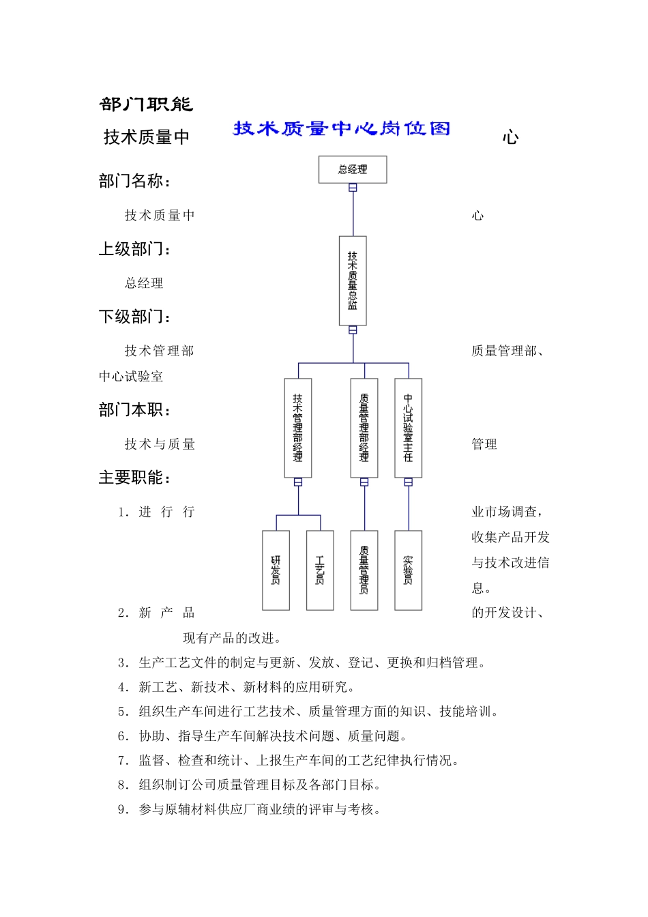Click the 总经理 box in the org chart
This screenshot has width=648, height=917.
[x=353, y=169]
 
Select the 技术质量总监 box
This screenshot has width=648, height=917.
[x=353, y=280]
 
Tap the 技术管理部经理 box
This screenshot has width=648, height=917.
[x=298, y=428]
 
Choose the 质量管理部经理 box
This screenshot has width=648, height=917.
[x=364, y=428]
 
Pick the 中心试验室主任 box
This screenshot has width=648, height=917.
[x=408, y=428]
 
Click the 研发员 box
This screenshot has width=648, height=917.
[x=276, y=570]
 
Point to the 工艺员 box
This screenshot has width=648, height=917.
[x=320, y=570]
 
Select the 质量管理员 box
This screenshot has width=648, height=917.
[x=364, y=570]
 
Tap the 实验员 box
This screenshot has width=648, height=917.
[x=408, y=570]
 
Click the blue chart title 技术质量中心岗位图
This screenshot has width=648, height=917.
[x=342, y=128]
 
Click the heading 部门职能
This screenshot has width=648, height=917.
[x=146, y=104]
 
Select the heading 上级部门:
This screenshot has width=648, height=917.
[x=134, y=249]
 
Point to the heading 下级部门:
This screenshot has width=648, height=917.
[x=134, y=317]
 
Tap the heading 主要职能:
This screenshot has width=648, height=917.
[x=134, y=478]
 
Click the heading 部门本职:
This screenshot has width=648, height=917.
[x=134, y=410]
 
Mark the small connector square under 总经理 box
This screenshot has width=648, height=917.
[x=353, y=188]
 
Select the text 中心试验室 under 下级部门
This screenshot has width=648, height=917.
[x=131, y=377]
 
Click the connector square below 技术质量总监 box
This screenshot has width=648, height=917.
[x=353, y=330]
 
